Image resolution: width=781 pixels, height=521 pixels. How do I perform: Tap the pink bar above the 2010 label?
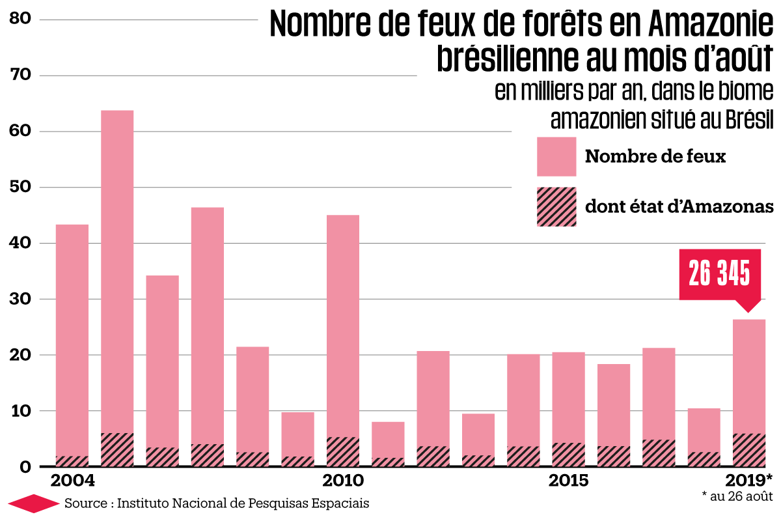click(342, 326)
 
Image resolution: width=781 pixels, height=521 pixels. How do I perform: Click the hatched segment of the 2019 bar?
click(748, 450)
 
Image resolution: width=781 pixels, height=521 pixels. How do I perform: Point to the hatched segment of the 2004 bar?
click(72, 461)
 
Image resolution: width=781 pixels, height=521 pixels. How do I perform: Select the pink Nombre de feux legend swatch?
click(556, 156)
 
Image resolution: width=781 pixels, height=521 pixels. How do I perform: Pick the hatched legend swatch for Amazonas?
click(556, 206)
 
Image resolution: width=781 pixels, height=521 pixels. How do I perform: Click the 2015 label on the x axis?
click(568, 482)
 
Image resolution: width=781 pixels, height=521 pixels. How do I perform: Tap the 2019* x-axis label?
click(749, 482)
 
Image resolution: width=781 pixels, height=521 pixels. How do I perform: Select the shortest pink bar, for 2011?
click(388, 440)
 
